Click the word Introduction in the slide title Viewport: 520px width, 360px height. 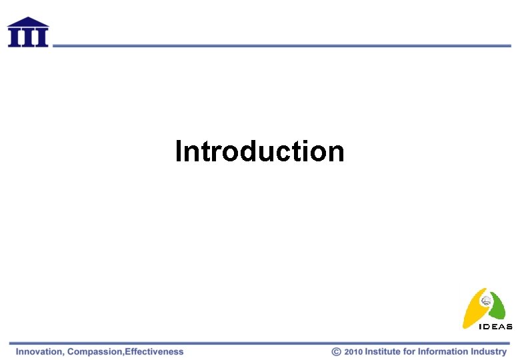(x=259, y=151)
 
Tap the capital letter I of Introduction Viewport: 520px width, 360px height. (x=179, y=151)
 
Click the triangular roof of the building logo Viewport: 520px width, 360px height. (x=28, y=22)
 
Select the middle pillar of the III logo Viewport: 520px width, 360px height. (x=28, y=37)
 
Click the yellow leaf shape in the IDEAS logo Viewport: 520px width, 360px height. (x=473, y=310)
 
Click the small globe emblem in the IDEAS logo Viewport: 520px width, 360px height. (x=487, y=301)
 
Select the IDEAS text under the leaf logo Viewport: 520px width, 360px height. (x=496, y=327)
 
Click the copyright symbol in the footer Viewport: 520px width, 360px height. (x=337, y=351)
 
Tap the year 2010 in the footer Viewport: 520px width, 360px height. (x=353, y=351)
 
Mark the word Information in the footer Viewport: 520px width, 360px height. (x=443, y=351)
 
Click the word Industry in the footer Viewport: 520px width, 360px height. (x=489, y=351)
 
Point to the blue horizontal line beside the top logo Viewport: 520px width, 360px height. (x=280, y=45)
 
